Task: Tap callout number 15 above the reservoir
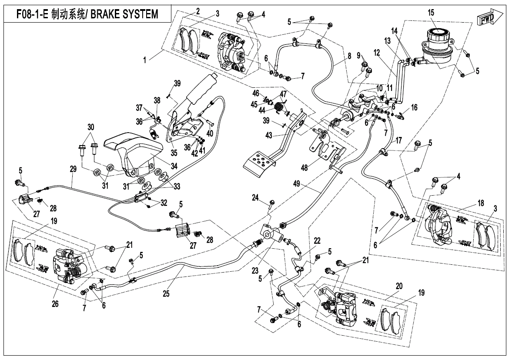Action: coord(431,13)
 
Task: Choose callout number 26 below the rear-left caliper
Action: coord(55,304)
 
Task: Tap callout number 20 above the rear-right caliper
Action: coord(399,286)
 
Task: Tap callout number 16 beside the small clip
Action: coord(414,107)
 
